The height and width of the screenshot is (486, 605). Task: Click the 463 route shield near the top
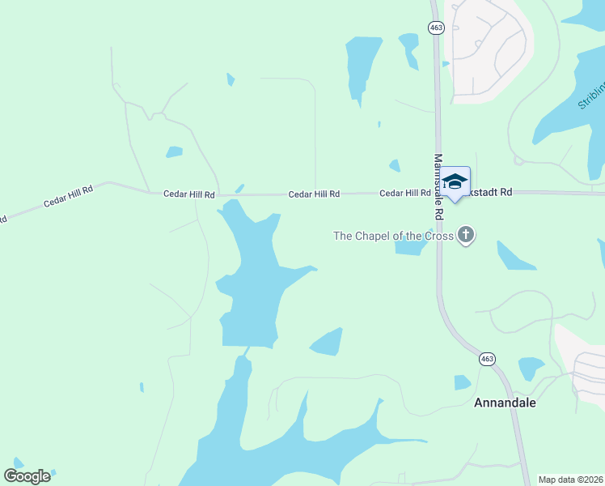pos(437,28)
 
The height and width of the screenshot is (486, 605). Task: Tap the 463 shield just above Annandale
pos(486,358)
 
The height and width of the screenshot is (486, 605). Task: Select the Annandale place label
pos(505,402)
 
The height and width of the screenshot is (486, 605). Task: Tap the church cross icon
pos(465,236)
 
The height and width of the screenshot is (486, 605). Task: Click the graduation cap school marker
pos(455,183)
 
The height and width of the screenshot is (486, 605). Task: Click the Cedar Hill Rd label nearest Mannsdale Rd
pos(404,194)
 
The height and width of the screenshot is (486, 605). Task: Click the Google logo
pos(27,475)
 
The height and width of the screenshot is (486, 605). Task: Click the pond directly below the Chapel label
pos(410,247)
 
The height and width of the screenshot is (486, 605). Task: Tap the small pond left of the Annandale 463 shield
pos(462,382)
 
